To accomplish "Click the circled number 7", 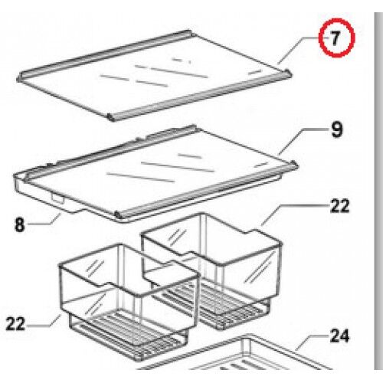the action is [336, 38].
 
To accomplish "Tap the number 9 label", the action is [336, 129].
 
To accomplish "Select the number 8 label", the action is [20, 224].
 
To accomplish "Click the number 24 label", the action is [339, 336].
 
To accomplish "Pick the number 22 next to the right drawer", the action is [339, 206].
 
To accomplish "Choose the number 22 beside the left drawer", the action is [15, 323].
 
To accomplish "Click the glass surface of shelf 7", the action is [153, 77].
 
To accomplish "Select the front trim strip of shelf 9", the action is [207, 190].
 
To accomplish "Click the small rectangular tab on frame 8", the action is [58, 198].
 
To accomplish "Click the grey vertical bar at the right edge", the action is [378, 191].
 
